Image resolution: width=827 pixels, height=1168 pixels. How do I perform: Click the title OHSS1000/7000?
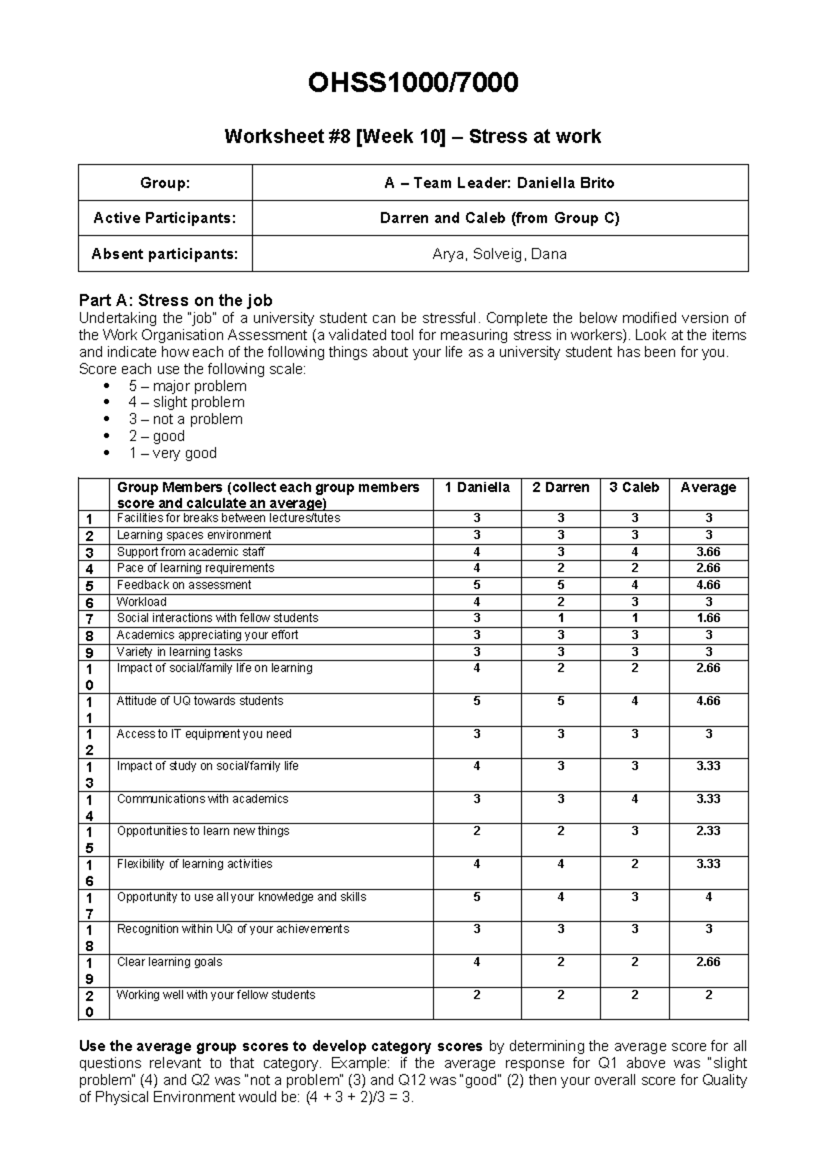click(x=413, y=83)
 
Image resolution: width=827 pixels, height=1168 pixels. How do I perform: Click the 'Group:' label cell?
click(x=165, y=183)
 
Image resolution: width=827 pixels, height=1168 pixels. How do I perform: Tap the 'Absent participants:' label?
click(x=165, y=254)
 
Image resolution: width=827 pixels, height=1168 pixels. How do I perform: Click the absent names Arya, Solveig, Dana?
click(x=499, y=254)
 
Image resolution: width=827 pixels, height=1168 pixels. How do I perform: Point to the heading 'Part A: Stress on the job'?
click(x=176, y=300)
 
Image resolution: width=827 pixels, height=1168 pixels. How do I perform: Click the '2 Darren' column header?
click(x=560, y=487)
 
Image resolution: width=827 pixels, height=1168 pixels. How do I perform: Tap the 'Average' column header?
click(x=708, y=487)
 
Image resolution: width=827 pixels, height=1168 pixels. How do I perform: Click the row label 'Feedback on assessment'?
click(x=183, y=585)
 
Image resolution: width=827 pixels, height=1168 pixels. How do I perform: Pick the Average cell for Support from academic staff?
click(x=708, y=552)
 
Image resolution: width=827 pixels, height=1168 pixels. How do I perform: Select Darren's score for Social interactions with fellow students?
click(x=560, y=618)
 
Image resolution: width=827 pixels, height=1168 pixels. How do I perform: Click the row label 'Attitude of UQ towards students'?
click(x=200, y=701)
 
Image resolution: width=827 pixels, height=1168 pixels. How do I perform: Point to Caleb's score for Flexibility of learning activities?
click(x=634, y=864)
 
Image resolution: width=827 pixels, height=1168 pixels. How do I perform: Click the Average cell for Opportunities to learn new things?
click(x=708, y=831)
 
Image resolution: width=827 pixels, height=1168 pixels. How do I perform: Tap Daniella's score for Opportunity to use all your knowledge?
click(x=476, y=897)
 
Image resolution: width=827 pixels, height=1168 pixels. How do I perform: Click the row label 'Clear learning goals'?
click(x=170, y=962)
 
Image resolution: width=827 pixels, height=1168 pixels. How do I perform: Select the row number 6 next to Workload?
click(x=89, y=602)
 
